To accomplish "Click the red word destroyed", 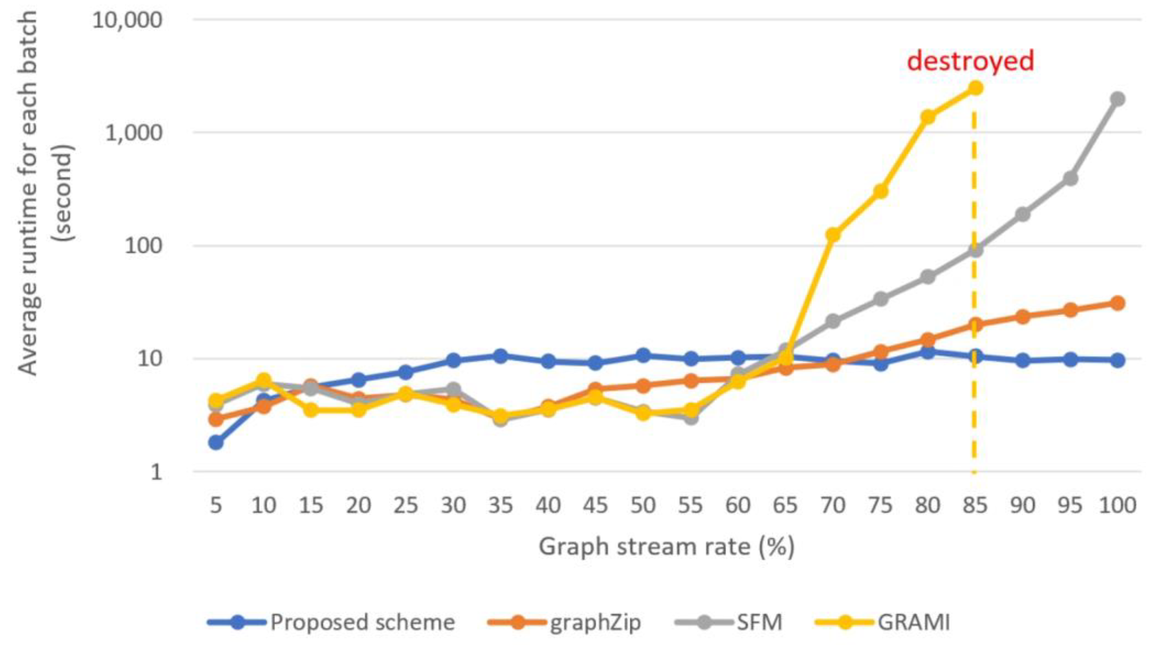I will click(970, 61).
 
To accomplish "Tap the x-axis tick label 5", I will click(216, 505).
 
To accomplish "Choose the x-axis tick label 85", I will click(975, 505).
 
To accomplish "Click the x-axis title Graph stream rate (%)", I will click(666, 547).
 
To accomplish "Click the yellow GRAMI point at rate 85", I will click(975, 88).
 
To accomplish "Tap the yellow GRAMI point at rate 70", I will click(833, 234).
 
